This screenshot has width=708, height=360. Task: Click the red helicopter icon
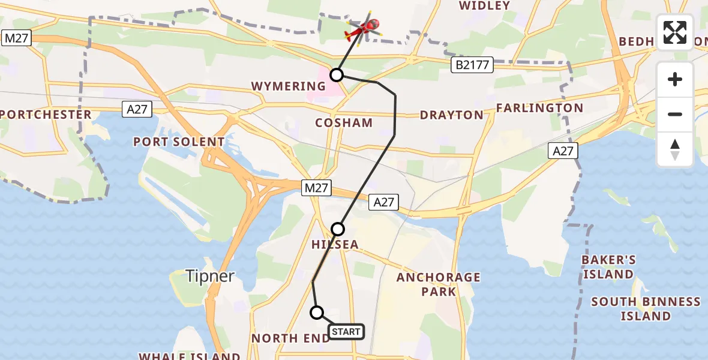(364, 28)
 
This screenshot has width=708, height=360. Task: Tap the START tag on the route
(346, 331)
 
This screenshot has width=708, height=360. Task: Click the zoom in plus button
(675, 79)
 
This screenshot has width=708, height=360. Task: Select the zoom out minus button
(675, 114)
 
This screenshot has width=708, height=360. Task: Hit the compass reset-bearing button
(675, 149)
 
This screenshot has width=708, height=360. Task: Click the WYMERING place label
(289, 86)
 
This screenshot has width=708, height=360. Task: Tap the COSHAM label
(344, 123)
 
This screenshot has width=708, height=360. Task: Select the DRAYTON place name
(451, 115)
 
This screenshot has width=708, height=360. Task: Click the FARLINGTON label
(539, 108)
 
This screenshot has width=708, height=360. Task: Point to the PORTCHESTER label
(46, 115)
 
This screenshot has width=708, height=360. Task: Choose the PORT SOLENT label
(179, 142)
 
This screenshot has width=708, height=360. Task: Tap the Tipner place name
(209, 276)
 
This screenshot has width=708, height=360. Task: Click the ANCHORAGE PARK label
(439, 284)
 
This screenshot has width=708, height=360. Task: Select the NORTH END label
(290, 338)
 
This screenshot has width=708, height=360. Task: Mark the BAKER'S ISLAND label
(608, 267)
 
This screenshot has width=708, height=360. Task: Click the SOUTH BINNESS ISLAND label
(646, 308)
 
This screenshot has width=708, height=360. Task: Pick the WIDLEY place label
(484, 6)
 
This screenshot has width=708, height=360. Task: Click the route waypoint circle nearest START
(317, 313)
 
